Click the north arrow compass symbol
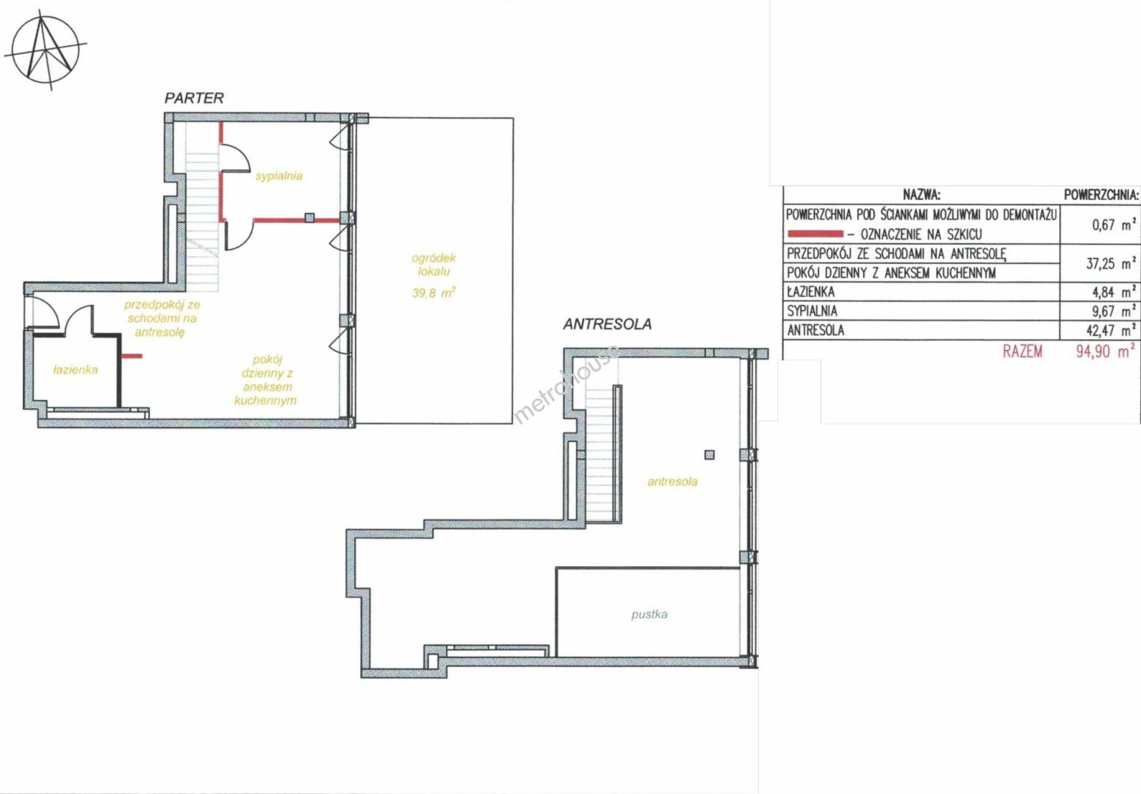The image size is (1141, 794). pyautogui.click(x=46, y=51)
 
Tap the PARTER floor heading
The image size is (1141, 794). pyautogui.click(x=194, y=99)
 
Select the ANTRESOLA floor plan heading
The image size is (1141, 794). pyautogui.click(x=607, y=324)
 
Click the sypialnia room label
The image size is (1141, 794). pyautogui.click(x=279, y=176)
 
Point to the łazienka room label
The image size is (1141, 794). pyautogui.click(x=76, y=370)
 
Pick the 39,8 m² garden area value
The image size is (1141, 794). pyautogui.click(x=433, y=293)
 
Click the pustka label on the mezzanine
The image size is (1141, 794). pyautogui.click(x=649, y=615)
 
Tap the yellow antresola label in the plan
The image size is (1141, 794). pyautogui.click(x=672, y=482)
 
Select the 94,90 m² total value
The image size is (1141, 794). pyautogui.click(x=1105, y=351)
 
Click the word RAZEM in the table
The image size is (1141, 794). pyautogui.click(x=1022, y=351)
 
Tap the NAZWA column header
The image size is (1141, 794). pyautogui.click(x=921, y=195)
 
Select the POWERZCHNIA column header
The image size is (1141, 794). pyautogui.click(x=1101, y=195)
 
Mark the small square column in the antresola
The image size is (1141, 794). pyautogui.click(x=710, y=454)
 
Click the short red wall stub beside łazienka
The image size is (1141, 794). pyautogui.click(x=132, y=356)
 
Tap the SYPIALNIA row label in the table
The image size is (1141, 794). pyautogui.click(x=812, y=311)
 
